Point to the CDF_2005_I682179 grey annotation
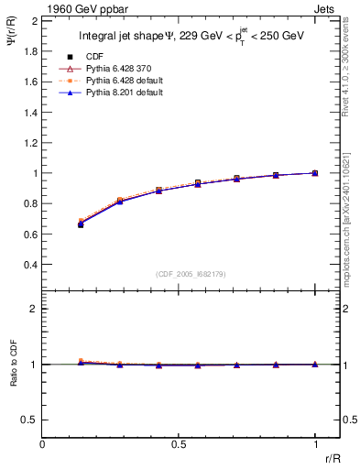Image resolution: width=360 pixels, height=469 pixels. click(191, 273)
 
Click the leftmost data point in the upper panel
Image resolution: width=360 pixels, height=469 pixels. click(81, 224)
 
